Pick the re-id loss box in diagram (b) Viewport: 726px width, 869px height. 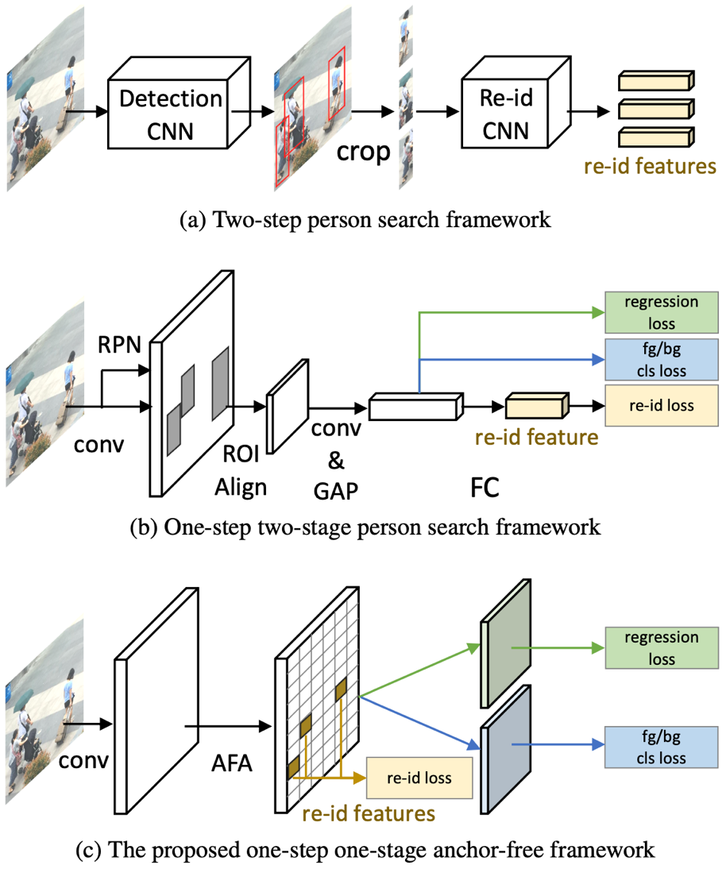coord(661,405)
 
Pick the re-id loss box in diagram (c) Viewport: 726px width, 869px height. coord(419,778)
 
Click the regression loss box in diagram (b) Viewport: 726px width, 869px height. coord(661,312)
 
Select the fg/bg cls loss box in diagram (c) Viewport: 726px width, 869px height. coord(661,748)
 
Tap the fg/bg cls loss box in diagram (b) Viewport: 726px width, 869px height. coord(661,359)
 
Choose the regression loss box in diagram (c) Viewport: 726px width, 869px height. coord(661,648)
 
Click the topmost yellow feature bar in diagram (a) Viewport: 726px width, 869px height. coord(655,81)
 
